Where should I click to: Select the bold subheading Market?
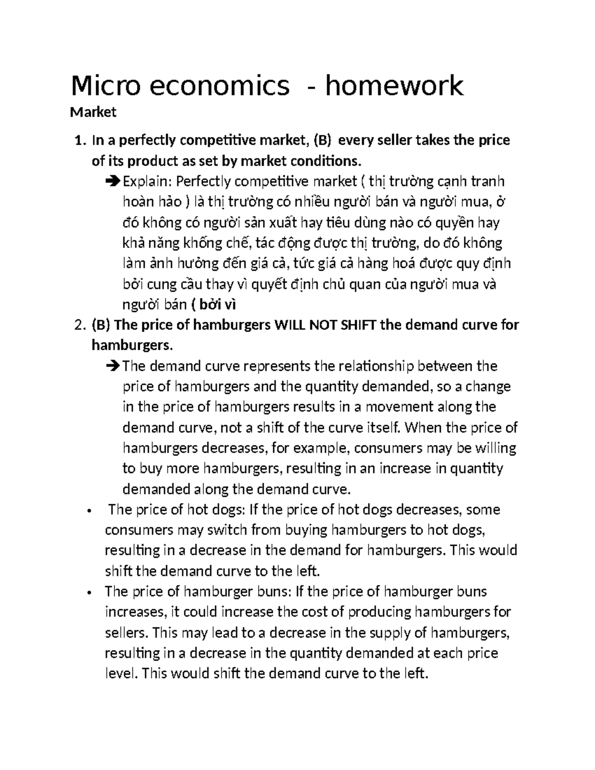93,113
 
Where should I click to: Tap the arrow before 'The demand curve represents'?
114,366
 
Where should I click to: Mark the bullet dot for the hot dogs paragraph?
88,511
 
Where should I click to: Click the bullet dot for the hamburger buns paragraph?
88,593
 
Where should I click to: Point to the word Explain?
147,182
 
